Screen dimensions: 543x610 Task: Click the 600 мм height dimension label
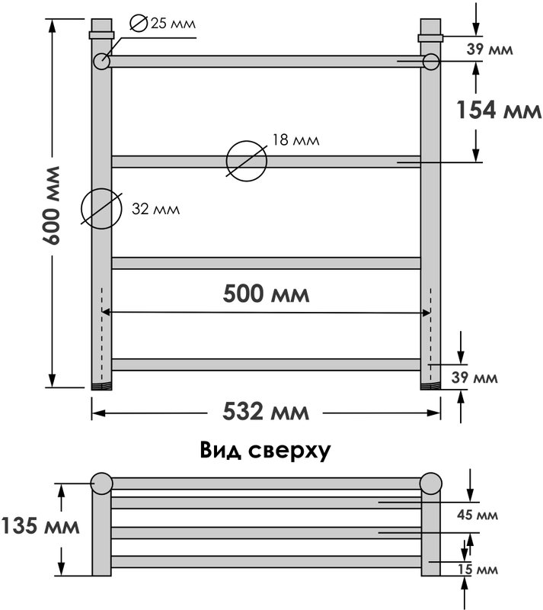[x=51, y=205]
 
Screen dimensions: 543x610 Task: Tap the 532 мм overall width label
[x=266, y=412]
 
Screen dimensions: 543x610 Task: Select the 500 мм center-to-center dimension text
[x=267, y=294]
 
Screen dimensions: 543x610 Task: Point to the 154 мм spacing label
[x=499, y=110]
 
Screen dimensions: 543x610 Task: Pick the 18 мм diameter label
[x=295, y=140]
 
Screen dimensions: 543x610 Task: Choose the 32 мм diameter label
[x=156, y=209]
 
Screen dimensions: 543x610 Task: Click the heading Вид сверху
[x=266, y=451]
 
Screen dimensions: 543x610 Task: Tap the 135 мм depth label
[x=40, y=526]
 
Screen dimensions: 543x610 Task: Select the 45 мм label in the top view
[x=478, y=515]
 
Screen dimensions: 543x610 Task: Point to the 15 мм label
[x=478, y=570]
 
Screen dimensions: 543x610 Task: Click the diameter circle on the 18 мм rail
[x=247, y=161]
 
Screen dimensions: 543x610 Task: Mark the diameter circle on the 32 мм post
[x=101, y=209]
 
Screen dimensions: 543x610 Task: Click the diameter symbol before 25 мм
[x=139, y=24]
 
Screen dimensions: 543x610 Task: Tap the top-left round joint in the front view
[x=101, y=62]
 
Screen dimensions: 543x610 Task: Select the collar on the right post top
[x=431, y=38]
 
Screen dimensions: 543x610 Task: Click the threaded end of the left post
[x=101, y=387]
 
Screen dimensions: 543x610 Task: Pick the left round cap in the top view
[x=101, y=483]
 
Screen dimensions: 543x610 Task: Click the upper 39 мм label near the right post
[x=490, y=50]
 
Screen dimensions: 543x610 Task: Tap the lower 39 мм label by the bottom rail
[x=474, y=377]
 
